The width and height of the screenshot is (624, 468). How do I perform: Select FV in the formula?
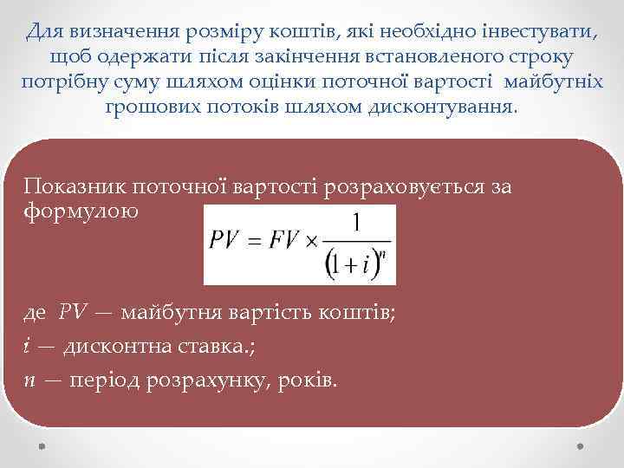click(x=282, y=240)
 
